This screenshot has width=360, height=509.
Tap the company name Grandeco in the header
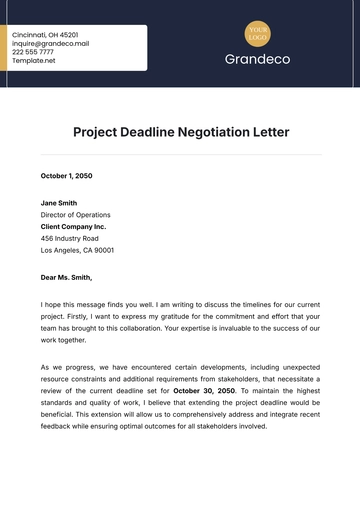click(x=259, y=60)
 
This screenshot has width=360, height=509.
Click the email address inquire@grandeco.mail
click(x=50, y=43)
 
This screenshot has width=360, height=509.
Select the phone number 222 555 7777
click(x=35, y=52)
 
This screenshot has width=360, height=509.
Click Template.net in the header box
click(x=34, y=61)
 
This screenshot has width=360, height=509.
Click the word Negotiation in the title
click(x=213, y=131)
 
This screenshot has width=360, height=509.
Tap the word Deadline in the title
click(x=153, y=131)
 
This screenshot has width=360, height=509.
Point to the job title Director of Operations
click(x=76, y=214)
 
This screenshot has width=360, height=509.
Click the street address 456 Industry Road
click(x=70, y=238)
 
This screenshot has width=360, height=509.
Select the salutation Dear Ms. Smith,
click(x=66, y=277)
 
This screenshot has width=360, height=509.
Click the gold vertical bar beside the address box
click(x=4, y=48)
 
